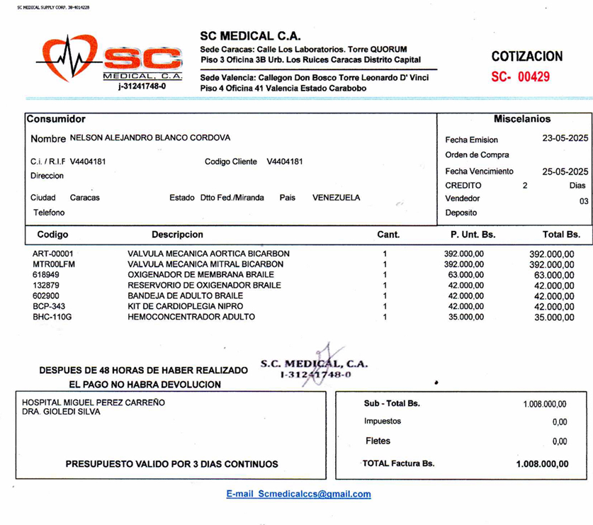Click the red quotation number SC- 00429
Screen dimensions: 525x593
[x=520, y=77]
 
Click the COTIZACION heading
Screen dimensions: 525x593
[x=527, y=57]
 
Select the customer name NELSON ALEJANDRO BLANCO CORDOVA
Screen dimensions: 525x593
[x=149, y=138]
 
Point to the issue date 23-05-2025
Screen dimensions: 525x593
[x=565, y=139]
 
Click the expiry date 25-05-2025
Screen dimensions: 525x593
[x=565, y=171]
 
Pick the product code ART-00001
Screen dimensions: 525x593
[x=52, y=254]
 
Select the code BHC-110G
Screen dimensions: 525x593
[x=52, y=317]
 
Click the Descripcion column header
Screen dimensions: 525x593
[x=177, y=235]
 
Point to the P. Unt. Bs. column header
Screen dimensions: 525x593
[x=473, y=235]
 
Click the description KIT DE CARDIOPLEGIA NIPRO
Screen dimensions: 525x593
[x=185, y=306]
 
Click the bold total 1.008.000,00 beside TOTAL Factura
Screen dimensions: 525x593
[x=542, y=465]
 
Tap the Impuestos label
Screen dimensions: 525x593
[x=383, y=421]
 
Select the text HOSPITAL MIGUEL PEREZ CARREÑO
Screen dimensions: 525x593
[x=94, y=402]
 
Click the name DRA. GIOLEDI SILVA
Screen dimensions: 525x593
[x=61, y=412]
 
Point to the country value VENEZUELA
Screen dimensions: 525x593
[x=336, y=198]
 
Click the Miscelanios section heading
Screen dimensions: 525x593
[x=521, y=119]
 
